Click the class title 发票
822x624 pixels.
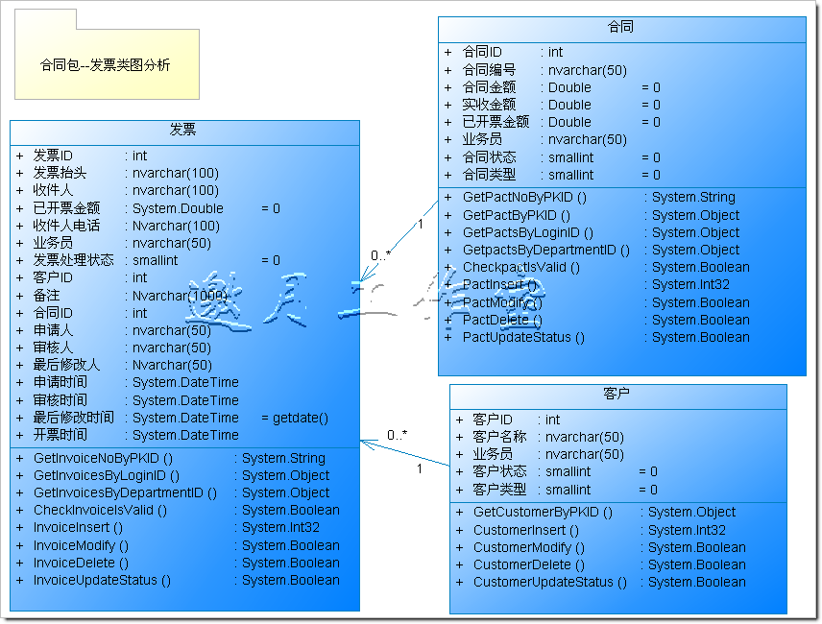[183, 130]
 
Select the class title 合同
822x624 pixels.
[621, 27]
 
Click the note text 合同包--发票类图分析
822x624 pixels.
[106, 65]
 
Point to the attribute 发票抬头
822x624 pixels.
[60, 173]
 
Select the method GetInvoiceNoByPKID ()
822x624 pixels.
[103, 458]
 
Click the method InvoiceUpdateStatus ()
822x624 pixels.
[102, 580]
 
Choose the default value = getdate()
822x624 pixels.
[295, 418]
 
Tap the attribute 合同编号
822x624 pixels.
[489, 70]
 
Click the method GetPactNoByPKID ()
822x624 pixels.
[524, 197]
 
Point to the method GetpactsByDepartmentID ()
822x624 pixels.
[545, 250]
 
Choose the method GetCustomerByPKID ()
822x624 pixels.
[542, 512]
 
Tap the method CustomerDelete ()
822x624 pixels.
[528, 564]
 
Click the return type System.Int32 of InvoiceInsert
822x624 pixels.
[280, 527]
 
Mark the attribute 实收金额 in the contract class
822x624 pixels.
[489, 105]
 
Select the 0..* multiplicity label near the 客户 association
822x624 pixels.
[398, 435]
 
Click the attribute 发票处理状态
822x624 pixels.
[73, 260]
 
